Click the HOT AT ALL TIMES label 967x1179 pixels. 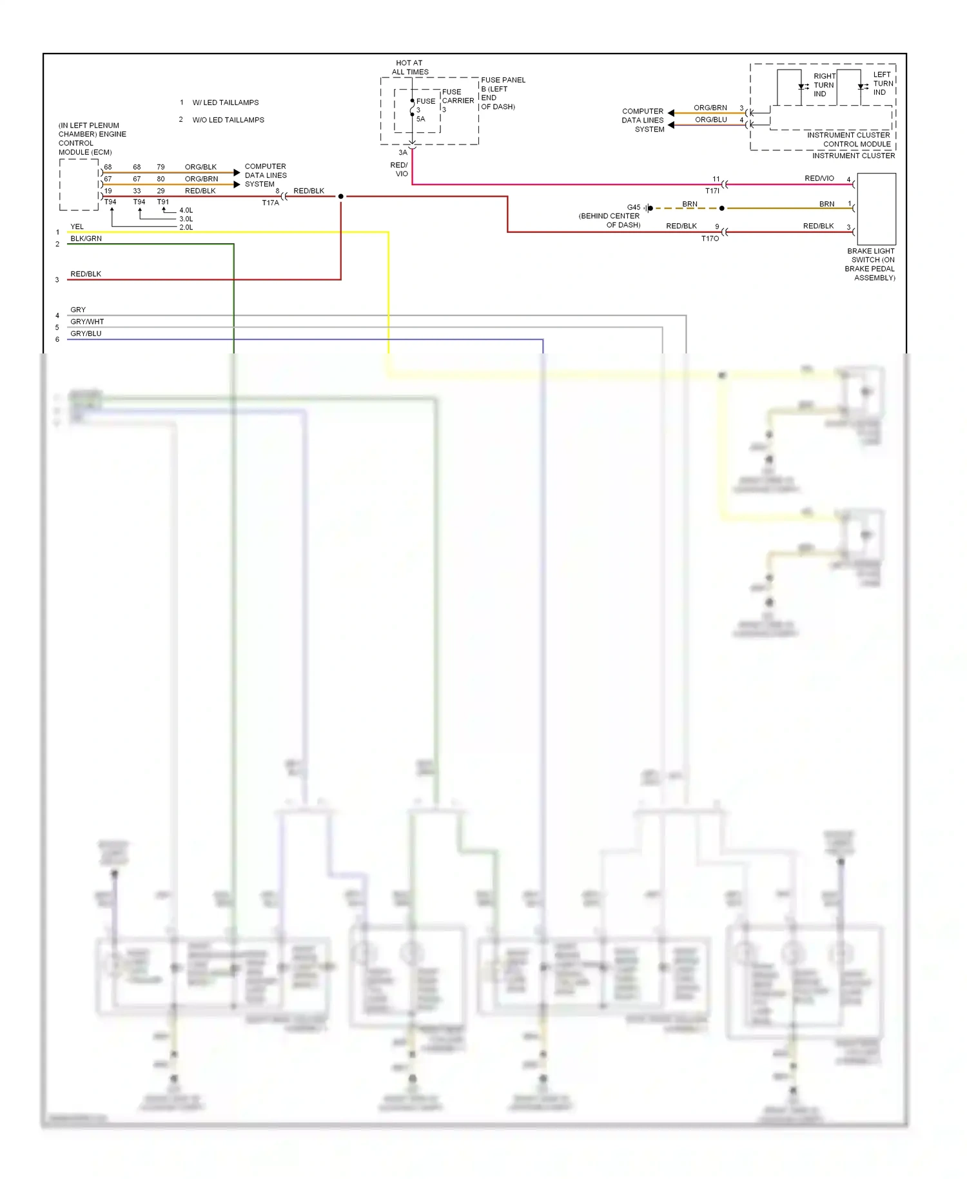[x=409, y=68]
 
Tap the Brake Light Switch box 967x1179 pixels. [x=876, y=208]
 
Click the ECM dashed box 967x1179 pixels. [x=79, y=185]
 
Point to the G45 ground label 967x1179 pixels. [x=634, y=208]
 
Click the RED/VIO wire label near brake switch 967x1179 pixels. [x=819, y=178]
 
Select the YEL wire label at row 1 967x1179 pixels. [x=77, y=226]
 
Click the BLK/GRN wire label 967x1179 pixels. [x=86, y=239]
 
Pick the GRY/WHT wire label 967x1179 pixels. [x=87, y=321]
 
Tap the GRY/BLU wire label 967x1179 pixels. [x=86, y=333]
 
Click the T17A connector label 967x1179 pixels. [x=270, y=203]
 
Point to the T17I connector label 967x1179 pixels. [x=712, y=191]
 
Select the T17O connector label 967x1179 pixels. [x=710, y=239]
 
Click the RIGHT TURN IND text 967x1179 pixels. [x=823, y=85]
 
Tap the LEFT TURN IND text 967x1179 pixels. [x=883, y=83]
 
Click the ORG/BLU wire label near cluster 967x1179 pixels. [x=710, y=119]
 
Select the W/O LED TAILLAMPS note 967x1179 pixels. [x=228, y=120]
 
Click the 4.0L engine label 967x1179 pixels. [x=186, y=210]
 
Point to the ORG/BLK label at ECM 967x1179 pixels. [x=200, y=167]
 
